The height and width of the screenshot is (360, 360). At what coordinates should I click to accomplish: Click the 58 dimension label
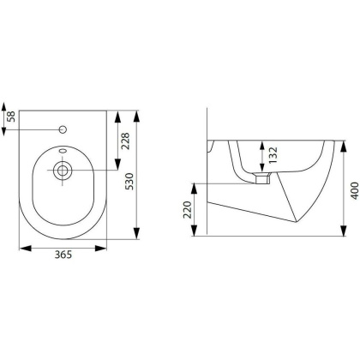[11, 117]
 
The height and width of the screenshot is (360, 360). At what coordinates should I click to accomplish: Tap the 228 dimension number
[125, 141]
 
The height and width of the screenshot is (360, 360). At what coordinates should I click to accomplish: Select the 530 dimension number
[129, 182]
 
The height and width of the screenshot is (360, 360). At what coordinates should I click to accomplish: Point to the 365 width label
[63, 255]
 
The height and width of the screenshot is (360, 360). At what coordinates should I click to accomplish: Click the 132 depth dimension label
[273, 155]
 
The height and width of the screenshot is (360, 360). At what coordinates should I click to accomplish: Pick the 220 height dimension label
[188, 210]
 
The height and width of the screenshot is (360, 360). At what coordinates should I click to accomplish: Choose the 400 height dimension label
[354, 190]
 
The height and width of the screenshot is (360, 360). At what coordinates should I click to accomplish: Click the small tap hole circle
[63, 129]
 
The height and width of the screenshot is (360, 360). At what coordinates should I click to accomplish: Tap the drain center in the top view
[63, 171]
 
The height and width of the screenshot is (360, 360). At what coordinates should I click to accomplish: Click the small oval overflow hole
[63, 151]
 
